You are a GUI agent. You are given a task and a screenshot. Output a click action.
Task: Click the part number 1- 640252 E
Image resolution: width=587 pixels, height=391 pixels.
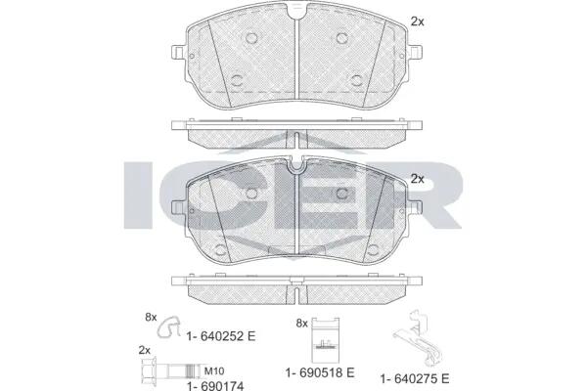click(x=221, y=336)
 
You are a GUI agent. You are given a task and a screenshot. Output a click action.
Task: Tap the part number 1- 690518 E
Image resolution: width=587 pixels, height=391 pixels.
click(x=320, y=372)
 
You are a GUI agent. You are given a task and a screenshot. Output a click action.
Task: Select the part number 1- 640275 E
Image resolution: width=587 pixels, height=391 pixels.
click(x=415, y=379)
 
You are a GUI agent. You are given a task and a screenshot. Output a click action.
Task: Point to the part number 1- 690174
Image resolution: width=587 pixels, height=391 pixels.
click(x=215, y=386)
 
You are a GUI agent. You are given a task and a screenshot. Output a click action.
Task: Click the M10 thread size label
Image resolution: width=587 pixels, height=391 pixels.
click(x=214, y=371)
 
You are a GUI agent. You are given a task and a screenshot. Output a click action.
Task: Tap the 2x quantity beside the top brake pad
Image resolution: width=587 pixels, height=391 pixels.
click(x=418, y=22)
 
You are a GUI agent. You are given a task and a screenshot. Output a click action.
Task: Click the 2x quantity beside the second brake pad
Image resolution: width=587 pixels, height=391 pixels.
click(x=418, y=179)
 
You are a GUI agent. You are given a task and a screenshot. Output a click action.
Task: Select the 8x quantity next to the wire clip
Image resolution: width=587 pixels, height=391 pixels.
click(x=151, y=318)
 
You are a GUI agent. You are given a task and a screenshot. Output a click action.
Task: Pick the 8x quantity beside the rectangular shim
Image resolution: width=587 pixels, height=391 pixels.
click(x=301, y=324)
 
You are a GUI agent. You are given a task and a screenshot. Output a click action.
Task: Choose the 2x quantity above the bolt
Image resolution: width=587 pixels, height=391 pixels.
click(x=145, y=350)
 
